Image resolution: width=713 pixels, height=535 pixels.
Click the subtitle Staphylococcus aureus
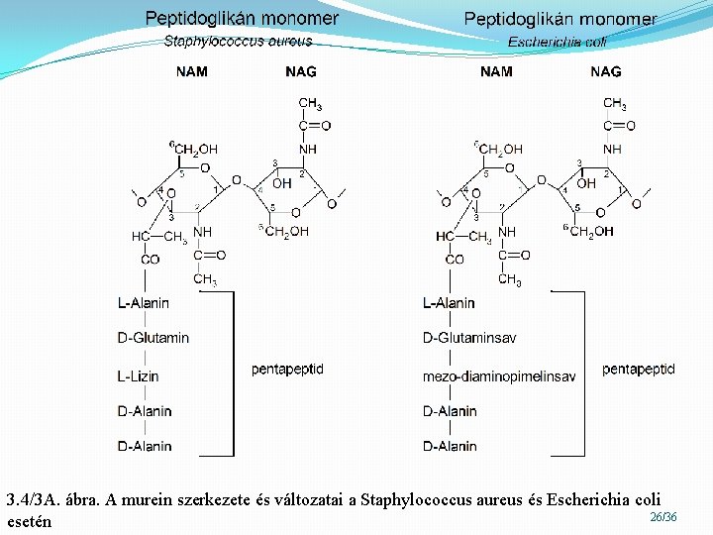tap(238, 42)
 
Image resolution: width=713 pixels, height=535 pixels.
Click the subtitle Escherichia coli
tap(558, 42)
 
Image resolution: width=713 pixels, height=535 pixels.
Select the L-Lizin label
tap(138, 376)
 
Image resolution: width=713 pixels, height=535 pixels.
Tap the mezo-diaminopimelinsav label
tap(498, 376)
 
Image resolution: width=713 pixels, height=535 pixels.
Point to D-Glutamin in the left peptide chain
tap(153, 338)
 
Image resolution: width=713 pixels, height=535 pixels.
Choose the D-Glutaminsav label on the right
tap(469, 338)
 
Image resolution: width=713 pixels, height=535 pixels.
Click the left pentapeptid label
tap(287, 370)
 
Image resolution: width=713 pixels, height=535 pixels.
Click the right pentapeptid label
tap(639, 370)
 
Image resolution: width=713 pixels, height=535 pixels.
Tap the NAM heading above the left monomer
tap(192, 71)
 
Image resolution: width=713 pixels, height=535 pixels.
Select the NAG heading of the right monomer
tap(605, 71)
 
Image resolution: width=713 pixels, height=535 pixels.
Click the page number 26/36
tap(663, 517)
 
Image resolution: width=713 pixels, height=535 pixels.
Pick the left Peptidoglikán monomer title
tap(242, 18)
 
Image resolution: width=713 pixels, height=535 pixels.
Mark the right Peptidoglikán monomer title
tap(560, 19)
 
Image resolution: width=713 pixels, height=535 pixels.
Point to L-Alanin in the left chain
tap(143, 303)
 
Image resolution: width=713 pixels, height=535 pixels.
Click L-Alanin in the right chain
tap(449, 303)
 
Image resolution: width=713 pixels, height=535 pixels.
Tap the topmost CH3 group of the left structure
tap(309, 104)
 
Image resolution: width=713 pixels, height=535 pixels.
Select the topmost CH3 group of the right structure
tap(614, 104)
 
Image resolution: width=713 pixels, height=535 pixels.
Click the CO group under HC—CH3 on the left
tap(150, 260)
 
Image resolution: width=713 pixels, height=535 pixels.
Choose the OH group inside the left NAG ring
tap(281, 183)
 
